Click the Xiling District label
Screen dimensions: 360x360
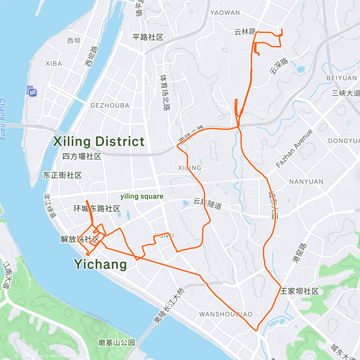tap(99, 142)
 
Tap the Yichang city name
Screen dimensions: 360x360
tap(100, 264)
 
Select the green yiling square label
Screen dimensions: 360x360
tap(142, 196)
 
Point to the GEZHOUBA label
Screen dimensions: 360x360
tap(110, 106)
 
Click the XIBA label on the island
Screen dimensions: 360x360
tap(54, 64)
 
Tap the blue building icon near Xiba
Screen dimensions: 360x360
tap(31, 91)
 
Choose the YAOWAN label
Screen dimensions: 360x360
tap(225, 13)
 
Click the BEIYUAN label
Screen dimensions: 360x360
tap(342, 78)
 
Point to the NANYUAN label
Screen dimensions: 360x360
tap(306, 182)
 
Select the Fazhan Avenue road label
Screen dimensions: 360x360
tap(294, 149)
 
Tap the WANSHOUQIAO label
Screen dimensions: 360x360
tap(226, 314)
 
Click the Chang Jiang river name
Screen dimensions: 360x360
tap(3, 119)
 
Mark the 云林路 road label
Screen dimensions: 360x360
tap(245, 32)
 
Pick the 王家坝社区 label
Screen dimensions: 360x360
tap(299, 291)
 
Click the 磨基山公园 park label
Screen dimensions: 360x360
tap(116, 343)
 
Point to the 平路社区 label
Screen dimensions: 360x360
tap(148, 37)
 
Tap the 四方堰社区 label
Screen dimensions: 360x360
tap(82, 156)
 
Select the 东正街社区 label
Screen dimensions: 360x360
tap(62, 175)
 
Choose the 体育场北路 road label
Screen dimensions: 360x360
tap(165, 93)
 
